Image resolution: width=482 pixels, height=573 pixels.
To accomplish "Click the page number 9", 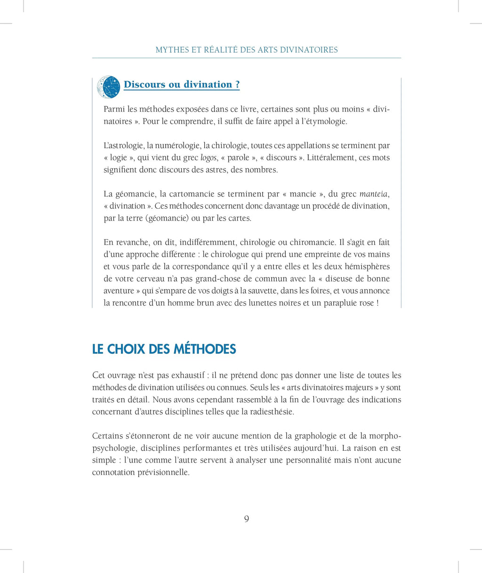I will pos(247,519).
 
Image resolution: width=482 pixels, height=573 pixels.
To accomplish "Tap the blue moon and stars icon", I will pos(108,87).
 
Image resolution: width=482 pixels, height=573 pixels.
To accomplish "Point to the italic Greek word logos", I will pos(209,157).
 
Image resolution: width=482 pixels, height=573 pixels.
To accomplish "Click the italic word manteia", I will pos(374,194).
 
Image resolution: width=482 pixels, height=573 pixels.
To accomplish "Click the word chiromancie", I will pos(307,243).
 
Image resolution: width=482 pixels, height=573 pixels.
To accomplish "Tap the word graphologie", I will pos(308,436).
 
